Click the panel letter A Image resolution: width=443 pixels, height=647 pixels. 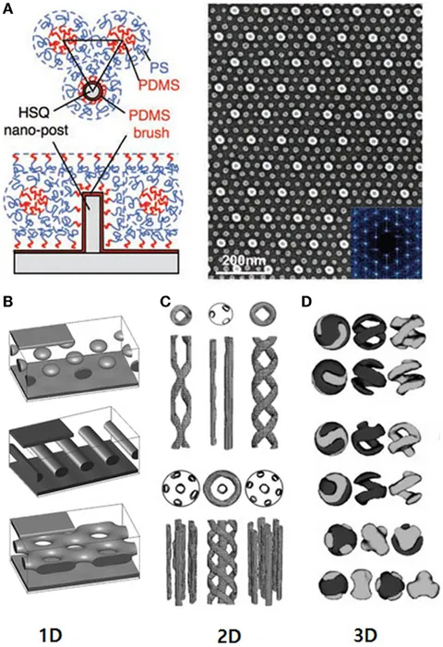[x=7, y=9]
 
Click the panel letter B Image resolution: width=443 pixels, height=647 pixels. [x=7, y=302]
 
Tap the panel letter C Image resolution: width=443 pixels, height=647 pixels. [x=165, y=302]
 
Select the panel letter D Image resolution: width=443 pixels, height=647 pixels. [x=306, y=302]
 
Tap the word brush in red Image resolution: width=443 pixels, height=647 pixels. [x=152, y=133]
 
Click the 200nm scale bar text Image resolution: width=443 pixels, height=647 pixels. [x=243, y=261]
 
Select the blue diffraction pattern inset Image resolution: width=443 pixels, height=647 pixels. [x=386, y=243]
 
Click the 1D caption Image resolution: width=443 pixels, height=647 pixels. [x=51, y=635]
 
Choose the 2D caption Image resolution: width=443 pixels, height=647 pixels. [x=229, y=635]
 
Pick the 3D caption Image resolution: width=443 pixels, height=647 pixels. [x=366, y=635]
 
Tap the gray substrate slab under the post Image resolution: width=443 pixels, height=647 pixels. [x=97, y=263]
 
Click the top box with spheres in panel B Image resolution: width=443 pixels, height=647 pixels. [x=76, y=350]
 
